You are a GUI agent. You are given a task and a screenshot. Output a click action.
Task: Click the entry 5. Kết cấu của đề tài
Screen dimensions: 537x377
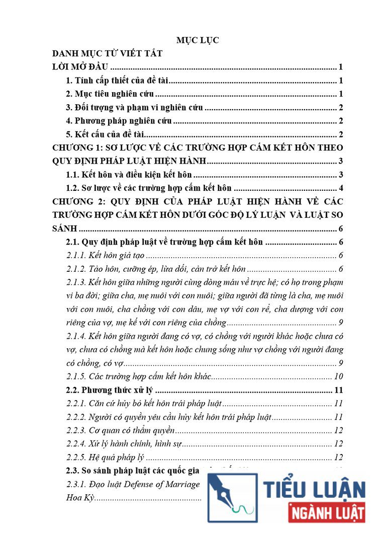point(106,134)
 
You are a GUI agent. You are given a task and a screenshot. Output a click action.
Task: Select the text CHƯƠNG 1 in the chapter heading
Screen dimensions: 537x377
point(78,147)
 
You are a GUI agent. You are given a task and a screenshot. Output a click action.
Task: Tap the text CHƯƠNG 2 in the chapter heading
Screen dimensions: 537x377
point(78,201)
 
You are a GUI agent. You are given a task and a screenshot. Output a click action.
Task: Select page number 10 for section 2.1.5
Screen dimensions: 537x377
point(338,376)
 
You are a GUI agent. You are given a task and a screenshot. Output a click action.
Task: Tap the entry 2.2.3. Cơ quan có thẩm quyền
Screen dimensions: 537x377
point(121,430)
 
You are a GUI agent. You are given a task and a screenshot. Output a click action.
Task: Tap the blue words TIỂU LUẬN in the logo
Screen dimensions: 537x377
point(314,490)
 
